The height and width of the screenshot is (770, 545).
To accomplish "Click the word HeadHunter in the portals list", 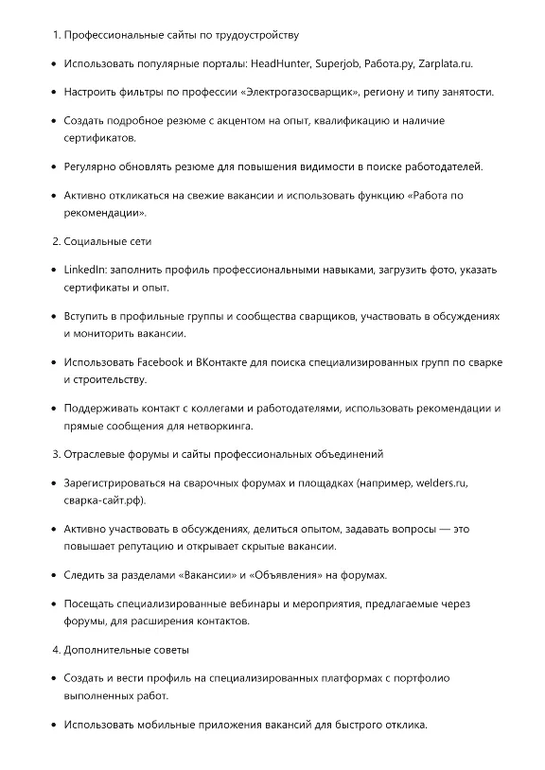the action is click(279, 63).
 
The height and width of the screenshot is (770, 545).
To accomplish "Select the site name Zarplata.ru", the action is click(445, 63).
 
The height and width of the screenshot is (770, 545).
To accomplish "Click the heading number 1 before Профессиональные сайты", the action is click(55, 35).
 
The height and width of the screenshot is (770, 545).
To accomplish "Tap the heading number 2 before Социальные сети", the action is click(55, 241).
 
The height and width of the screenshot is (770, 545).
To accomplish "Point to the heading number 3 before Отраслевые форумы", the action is click(55, 454).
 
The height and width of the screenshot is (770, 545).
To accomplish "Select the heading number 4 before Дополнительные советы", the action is click(55, 650).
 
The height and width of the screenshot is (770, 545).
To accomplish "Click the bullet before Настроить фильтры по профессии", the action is click(51, 92).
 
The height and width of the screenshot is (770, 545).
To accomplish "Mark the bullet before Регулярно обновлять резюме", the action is click(51, 167).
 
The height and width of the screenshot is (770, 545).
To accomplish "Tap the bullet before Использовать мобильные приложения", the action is click(51, 726).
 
